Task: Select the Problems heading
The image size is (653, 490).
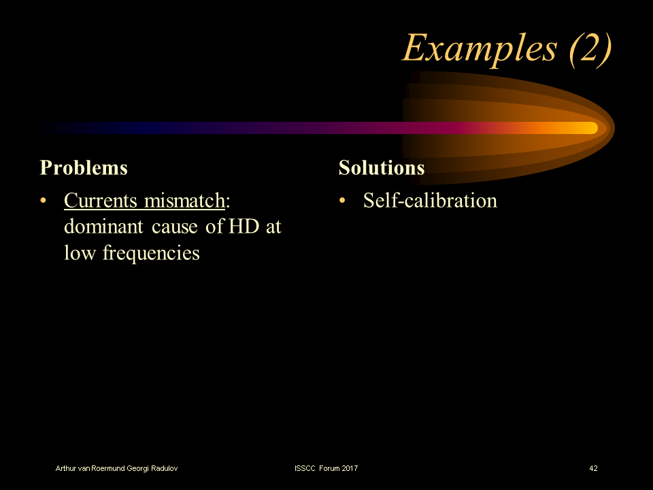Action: pos(84,168)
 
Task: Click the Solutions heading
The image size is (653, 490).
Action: pos(382,168)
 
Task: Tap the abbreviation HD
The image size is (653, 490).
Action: pos(244,227)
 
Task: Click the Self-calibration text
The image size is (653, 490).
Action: pos(430,201)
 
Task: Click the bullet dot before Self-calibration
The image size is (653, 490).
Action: pos(343,201)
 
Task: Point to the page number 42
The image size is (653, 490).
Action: pos(593,468)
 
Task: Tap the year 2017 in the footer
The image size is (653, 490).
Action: pos(350,468)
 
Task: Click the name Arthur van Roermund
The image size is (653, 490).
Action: pos(92,468)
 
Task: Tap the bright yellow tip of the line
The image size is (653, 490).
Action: pos(588,128)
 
